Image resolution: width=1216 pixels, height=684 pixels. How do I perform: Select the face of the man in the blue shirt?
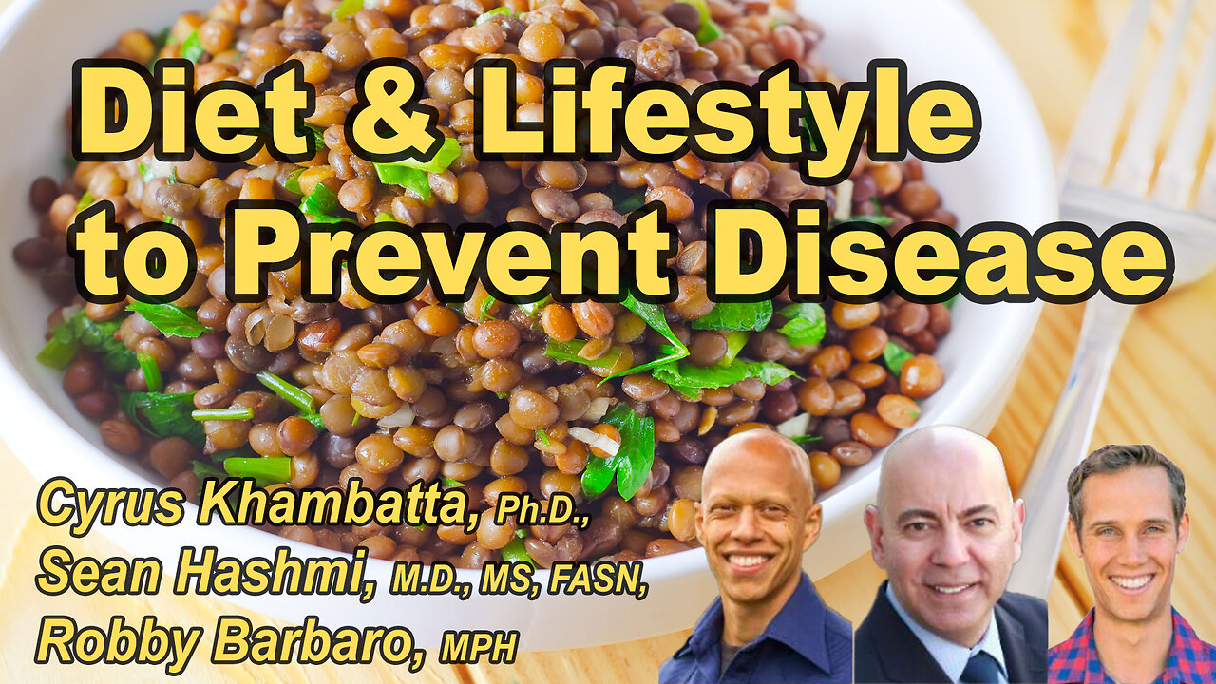[750, 527]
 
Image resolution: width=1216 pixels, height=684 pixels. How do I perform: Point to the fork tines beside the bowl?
[1140, 95]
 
